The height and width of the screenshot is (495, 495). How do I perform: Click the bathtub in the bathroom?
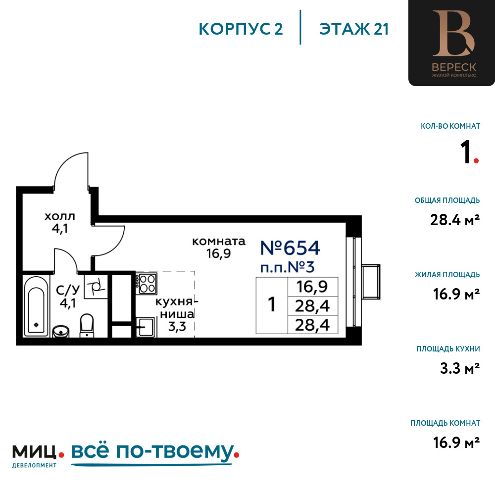tap(36, 306)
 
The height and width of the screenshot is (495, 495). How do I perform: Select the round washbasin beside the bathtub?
tap(60, 332)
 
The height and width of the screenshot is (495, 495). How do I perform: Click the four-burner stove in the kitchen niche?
tap(147, 284)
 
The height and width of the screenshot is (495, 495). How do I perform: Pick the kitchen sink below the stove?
tap(146, 327)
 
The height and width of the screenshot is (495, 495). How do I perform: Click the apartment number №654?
tap(290, 248)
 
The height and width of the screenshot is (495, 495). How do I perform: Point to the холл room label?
tap(60, 217)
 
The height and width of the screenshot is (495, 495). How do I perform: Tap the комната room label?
tap(218, 242)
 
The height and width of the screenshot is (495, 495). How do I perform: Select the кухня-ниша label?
tap(177, 308)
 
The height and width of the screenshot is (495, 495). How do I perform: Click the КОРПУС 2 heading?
tap(241, 29)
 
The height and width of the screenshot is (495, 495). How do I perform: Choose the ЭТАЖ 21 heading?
tap(353, 29)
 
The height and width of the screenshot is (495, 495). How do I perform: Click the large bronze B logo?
tap(453, 34)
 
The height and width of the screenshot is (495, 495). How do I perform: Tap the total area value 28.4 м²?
tap(455, 220)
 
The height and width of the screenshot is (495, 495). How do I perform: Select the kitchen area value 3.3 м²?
tap(460, 368)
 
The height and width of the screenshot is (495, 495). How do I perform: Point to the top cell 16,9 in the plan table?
tap(312, 287)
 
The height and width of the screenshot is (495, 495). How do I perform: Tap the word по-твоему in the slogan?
tap(175, 451)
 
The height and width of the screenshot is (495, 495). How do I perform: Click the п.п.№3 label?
tap(287, 267)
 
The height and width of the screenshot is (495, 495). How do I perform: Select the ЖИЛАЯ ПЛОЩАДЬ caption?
tap(447, 275)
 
